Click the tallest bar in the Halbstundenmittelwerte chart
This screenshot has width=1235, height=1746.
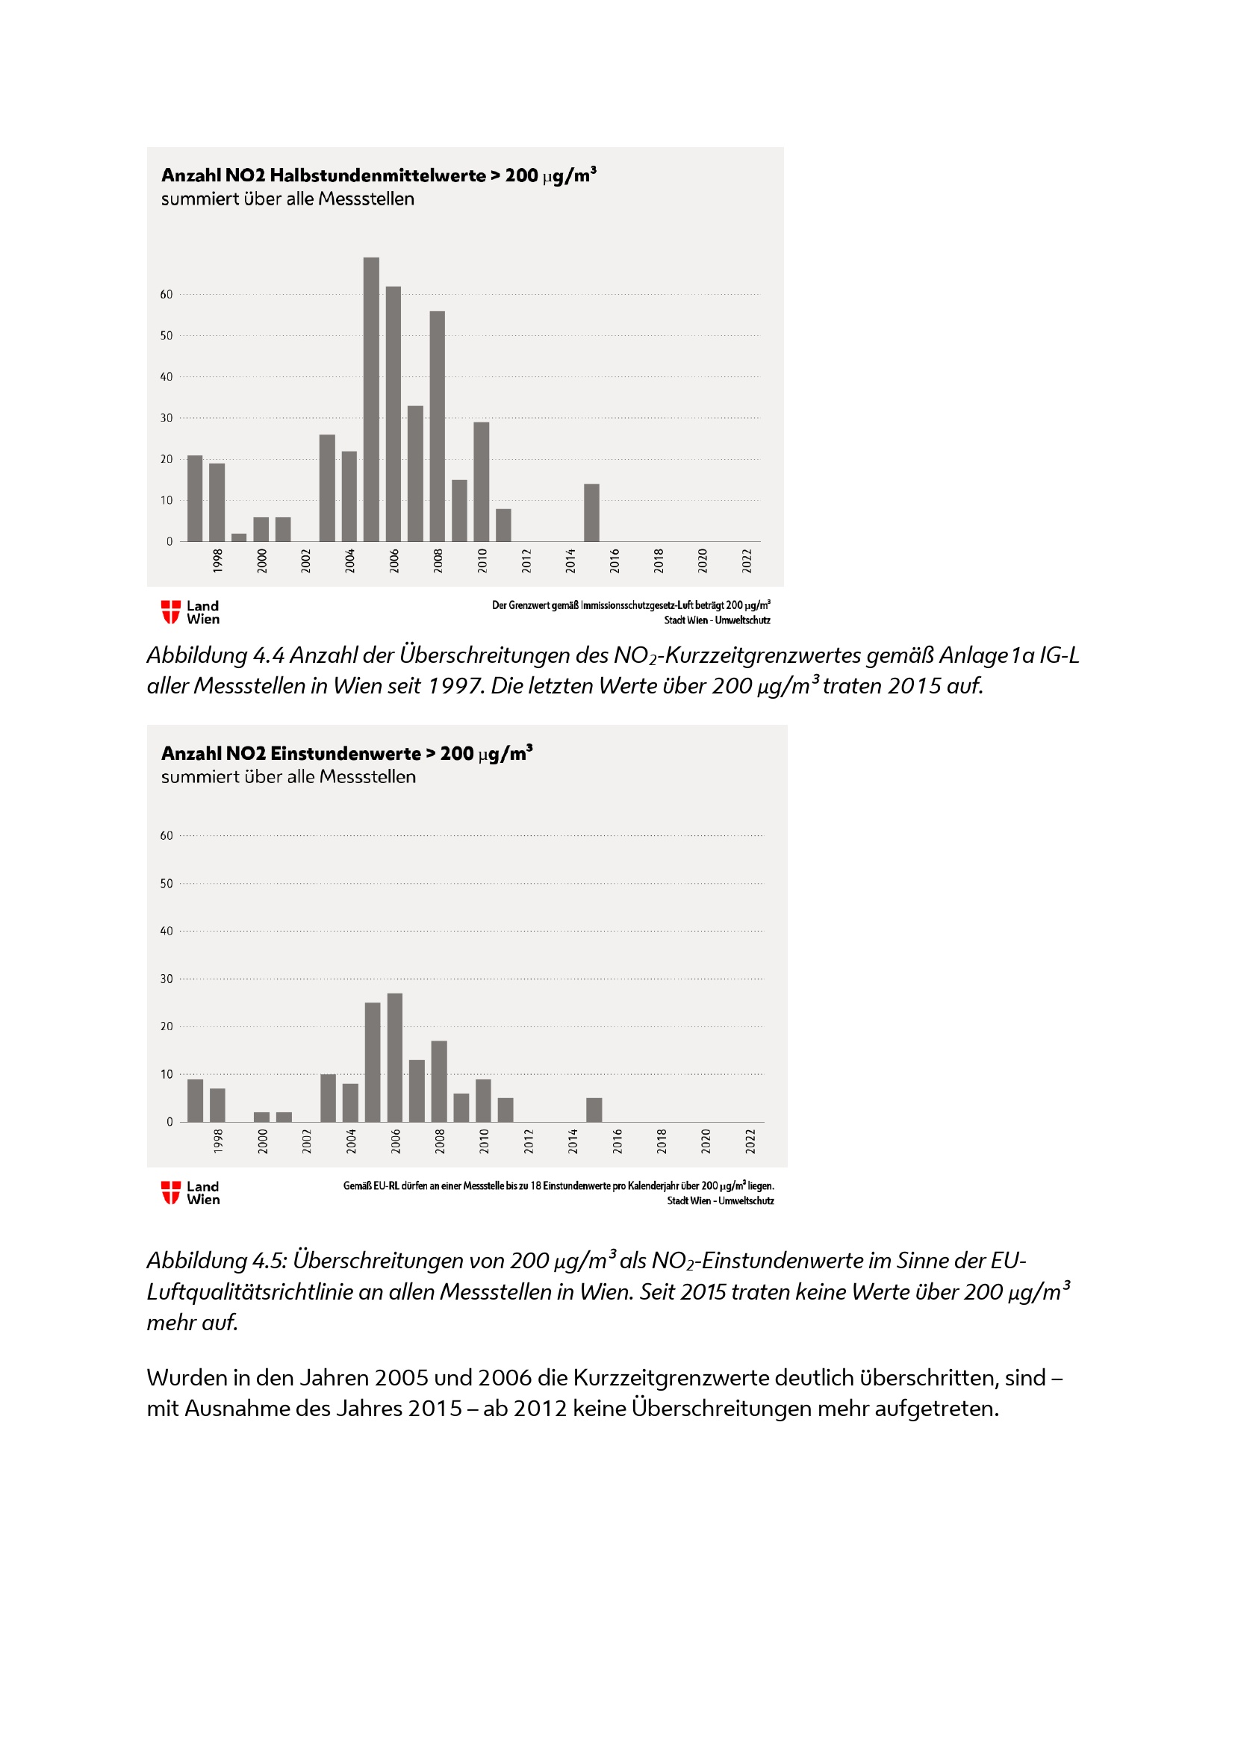click(371, 399)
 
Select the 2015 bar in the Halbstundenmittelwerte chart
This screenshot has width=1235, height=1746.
click(591, 513)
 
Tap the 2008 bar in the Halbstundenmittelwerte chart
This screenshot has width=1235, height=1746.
click(438, 425)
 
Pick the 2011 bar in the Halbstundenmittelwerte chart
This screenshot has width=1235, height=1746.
click(503, 525)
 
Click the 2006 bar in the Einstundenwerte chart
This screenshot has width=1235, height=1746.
click(395, 1057)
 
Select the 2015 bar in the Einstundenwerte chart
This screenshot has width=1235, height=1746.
click(594, 1109)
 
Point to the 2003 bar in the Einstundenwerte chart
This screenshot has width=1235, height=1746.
click(328, 1097)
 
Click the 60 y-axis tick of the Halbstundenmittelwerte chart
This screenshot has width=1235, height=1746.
click(167, 294)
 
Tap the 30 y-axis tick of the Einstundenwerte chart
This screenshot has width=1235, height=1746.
click(167, 979)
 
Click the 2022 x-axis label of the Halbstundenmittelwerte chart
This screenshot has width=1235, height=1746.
click(747, 561)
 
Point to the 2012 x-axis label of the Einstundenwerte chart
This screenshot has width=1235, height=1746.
click(529, 1141)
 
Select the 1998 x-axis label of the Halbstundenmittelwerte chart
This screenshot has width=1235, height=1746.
click(217, 561)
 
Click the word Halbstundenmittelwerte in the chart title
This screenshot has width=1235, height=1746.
click(377, 175)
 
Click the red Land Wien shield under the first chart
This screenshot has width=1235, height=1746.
click(171, 612)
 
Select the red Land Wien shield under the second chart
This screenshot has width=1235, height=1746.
click(171, 1192)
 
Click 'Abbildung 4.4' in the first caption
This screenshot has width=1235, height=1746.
click(215, 655)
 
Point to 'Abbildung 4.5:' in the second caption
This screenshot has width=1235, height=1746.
click(217, 1261)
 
